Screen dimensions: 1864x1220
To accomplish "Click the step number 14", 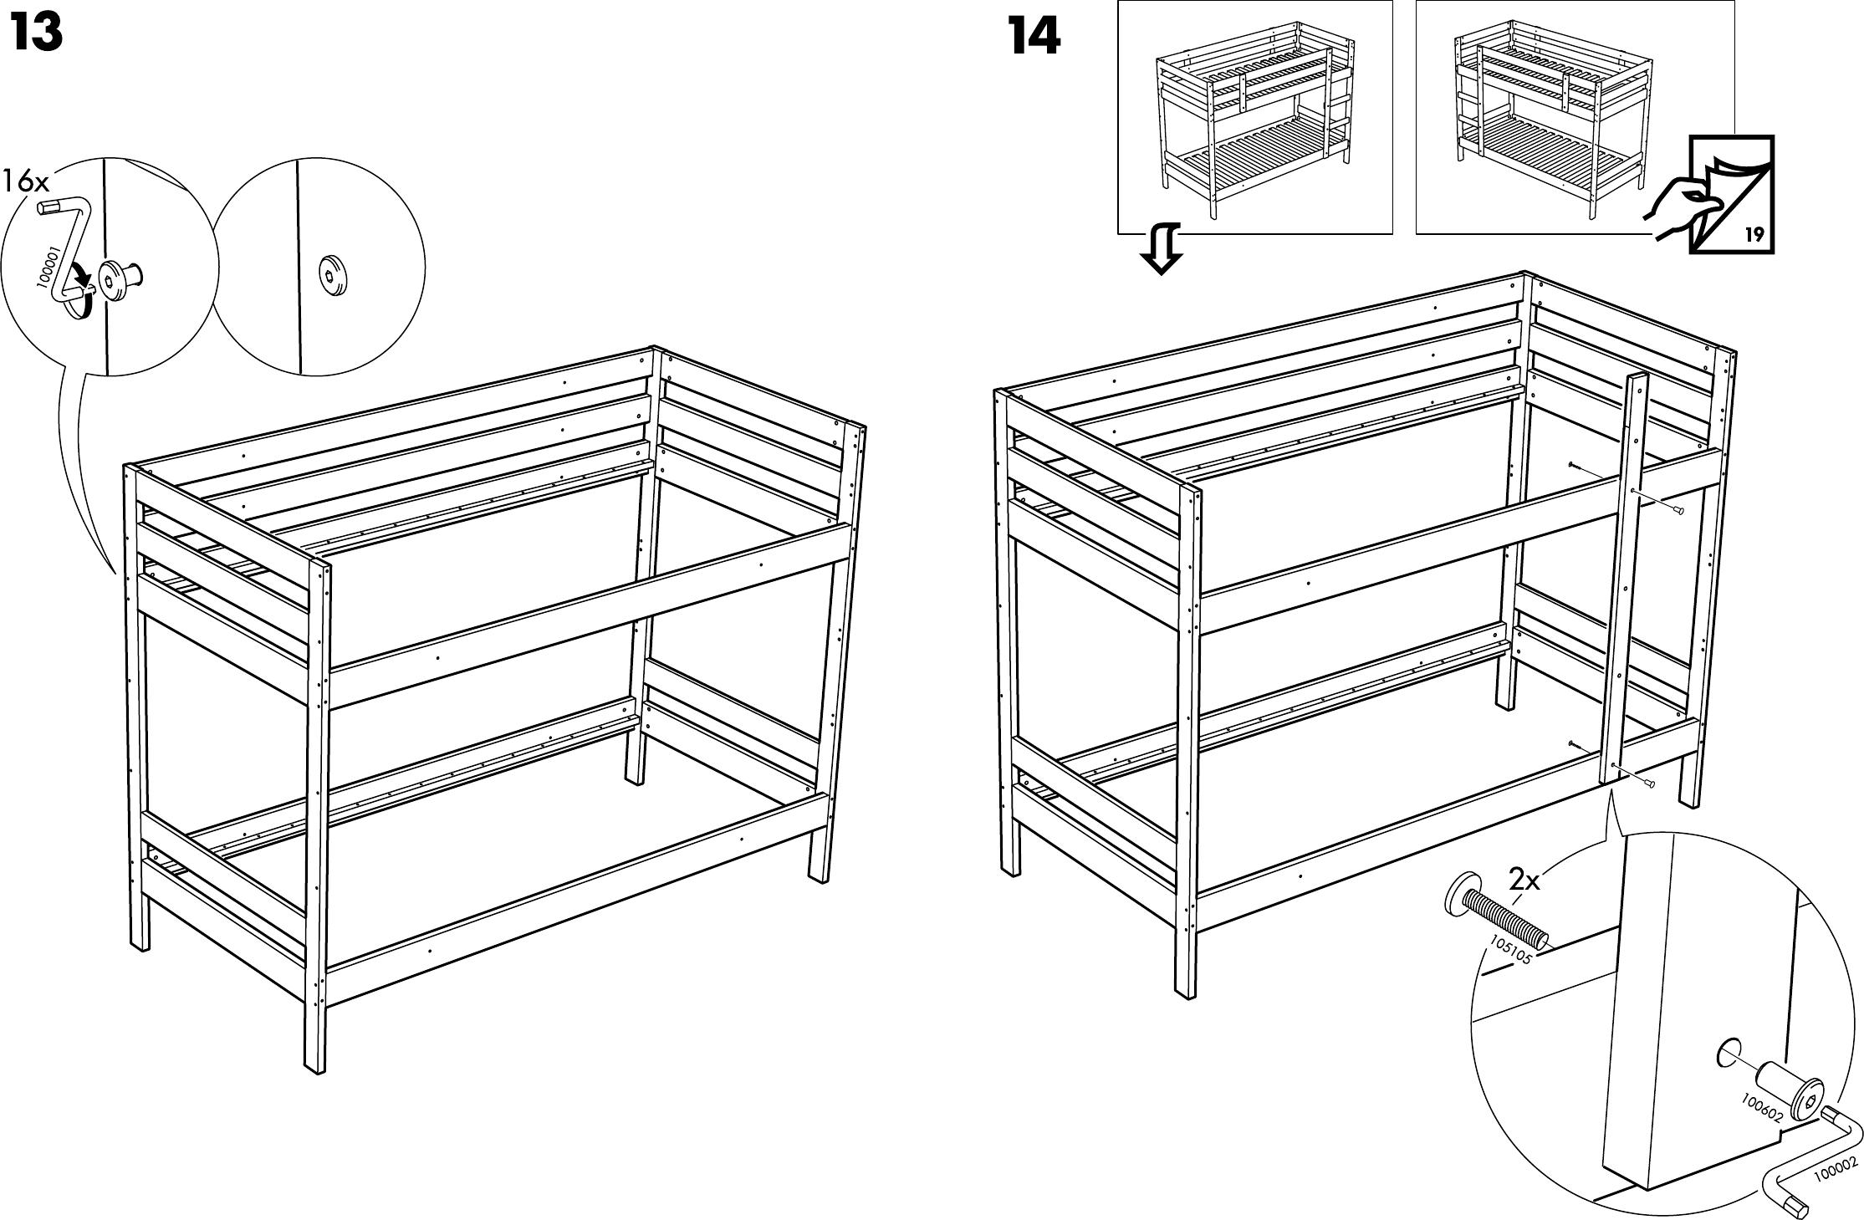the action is pos(1034,36).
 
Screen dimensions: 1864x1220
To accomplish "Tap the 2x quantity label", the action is pos(1524,880).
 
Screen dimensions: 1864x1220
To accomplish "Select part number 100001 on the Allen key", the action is pos(46,267).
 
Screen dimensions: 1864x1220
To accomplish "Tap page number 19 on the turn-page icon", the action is pos(1754,234).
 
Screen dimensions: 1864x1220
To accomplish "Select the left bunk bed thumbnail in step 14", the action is pos(1254,117).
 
